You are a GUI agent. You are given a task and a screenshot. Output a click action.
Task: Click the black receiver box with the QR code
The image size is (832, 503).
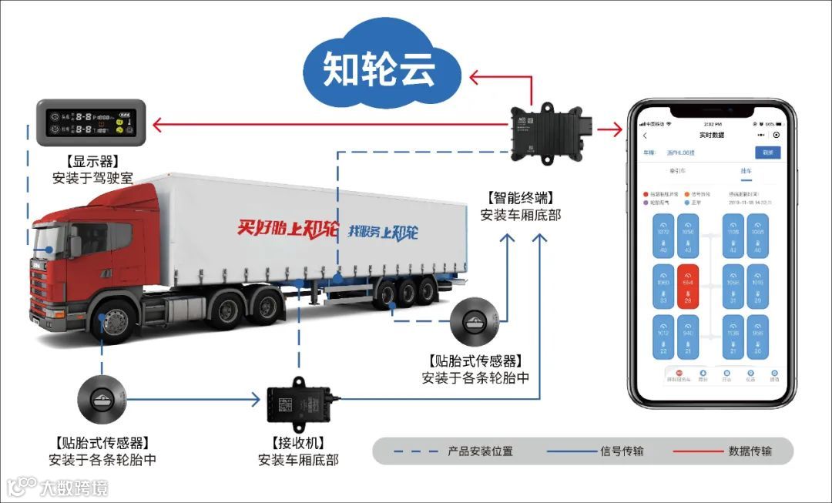point(297,403)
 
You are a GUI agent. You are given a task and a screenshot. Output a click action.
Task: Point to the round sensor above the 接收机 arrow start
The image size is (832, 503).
point(101,399)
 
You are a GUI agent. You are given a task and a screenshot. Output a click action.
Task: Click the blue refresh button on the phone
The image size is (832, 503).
point(767,153)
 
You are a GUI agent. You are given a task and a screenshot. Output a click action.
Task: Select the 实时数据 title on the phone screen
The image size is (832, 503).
point(712,136)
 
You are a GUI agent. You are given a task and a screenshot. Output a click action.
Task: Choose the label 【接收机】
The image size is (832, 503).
point(297,443)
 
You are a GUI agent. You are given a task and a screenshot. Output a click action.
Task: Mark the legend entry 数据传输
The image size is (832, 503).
point(750,451)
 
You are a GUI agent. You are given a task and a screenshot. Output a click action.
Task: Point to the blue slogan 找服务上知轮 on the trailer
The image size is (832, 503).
point(383,231)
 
